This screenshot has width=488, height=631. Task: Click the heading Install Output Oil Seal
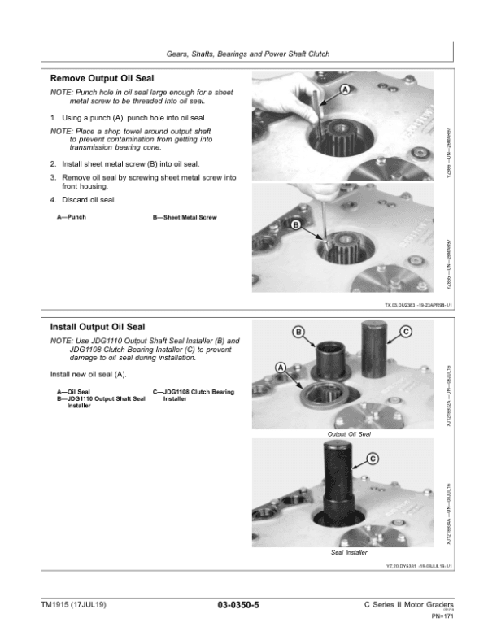coord(98,327)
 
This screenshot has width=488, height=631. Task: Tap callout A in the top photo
coord(345,89)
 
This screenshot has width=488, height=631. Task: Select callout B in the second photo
coord(295,224)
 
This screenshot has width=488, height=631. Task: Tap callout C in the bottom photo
coord(373,459)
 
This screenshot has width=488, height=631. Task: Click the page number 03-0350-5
coord(243,604)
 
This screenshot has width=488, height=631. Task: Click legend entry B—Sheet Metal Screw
coord(185,218)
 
